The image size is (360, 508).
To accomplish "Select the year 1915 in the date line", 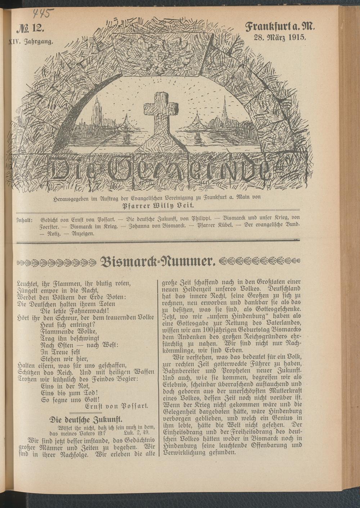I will pos(296,37).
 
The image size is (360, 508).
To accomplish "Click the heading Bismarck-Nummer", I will pos(158,261).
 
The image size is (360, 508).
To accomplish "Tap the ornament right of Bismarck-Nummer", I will pos(259,261).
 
